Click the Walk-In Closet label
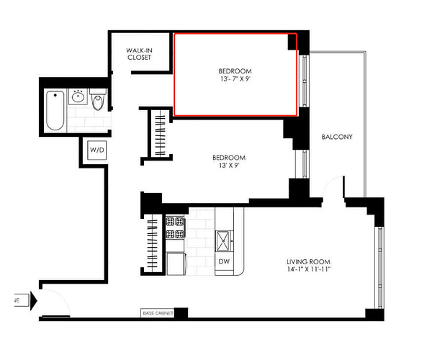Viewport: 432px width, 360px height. point(140,54)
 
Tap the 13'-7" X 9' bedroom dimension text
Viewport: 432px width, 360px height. point(235,78)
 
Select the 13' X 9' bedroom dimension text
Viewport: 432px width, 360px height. point(229,166)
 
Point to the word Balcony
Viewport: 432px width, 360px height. point(337,137)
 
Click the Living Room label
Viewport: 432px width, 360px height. point(309,261)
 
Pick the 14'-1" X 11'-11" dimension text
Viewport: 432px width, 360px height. point(309,269)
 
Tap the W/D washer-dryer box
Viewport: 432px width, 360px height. point(97,150)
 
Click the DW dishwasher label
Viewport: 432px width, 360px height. point(224,261)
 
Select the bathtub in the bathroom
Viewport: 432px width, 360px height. point(55,110)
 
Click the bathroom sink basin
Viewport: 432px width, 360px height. point(78,96)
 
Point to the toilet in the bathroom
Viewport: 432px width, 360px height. point(98,99)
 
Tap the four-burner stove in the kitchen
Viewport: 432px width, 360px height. point(175,228)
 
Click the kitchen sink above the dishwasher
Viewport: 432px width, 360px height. point(223,241)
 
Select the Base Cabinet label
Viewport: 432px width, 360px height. point(158,313)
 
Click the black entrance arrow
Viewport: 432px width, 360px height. point(34,301)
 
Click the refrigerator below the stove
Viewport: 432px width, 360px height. point(176,264)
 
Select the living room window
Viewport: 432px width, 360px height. point(379,268)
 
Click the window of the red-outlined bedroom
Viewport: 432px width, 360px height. point(304,81)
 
